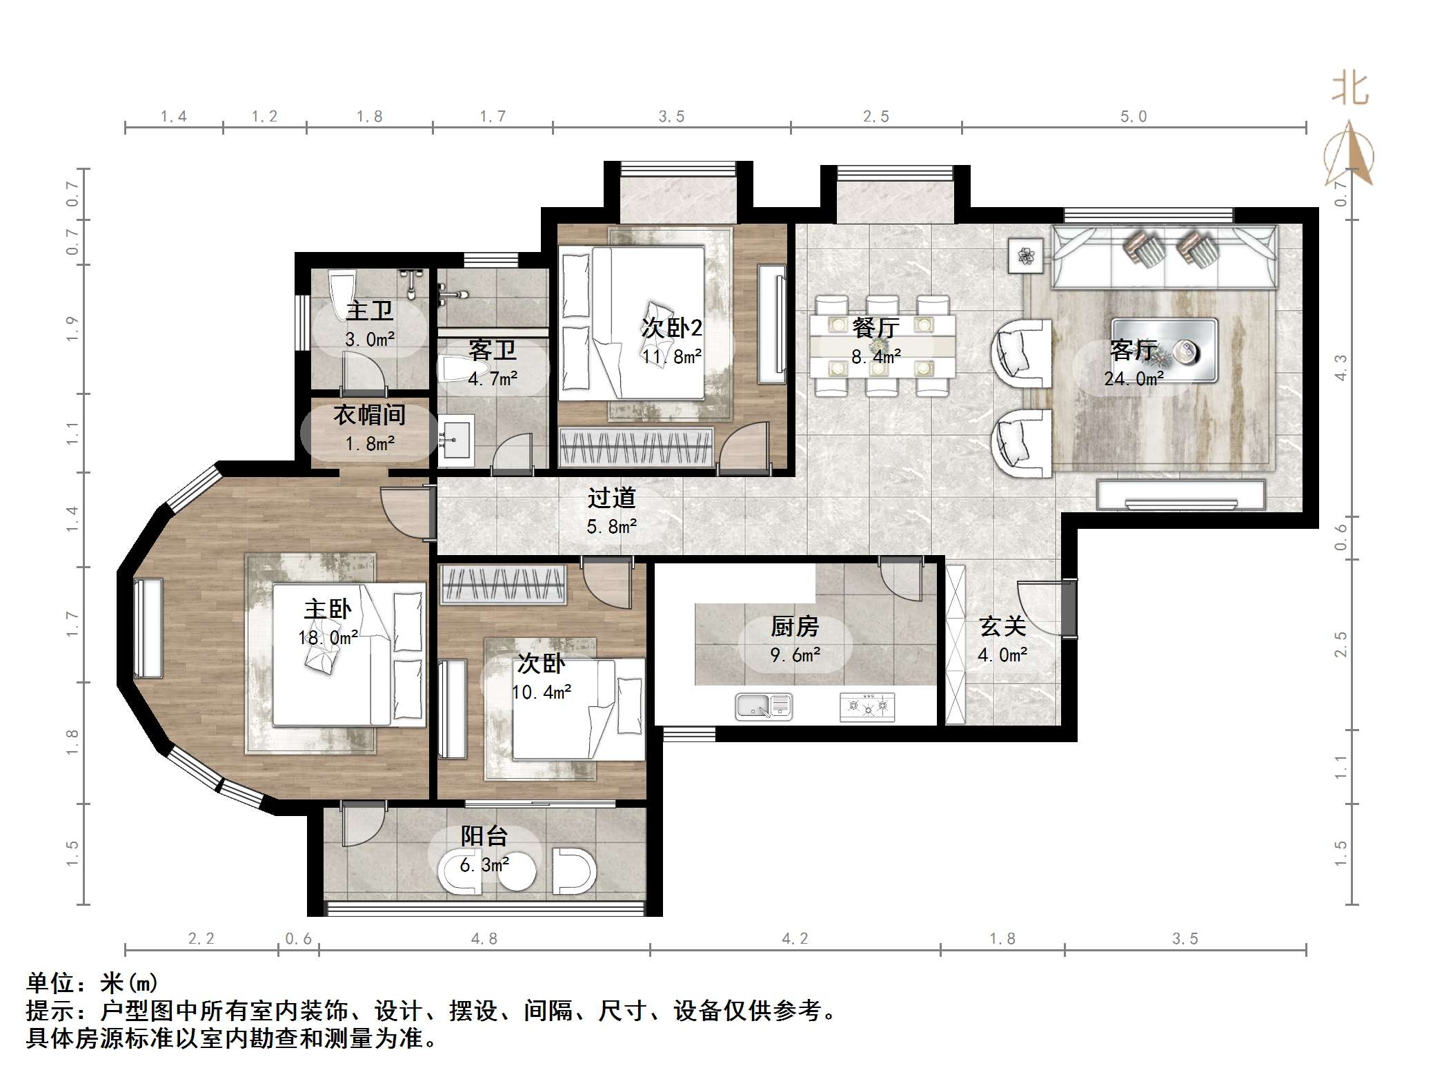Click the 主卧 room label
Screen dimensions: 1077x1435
[328, 610]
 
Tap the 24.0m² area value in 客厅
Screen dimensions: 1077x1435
[1134, 379]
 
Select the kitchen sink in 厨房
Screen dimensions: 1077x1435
[763, 706]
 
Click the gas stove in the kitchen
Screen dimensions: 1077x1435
[867, 707]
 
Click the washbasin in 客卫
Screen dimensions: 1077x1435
[455, 436]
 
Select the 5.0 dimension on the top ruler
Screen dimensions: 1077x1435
[1134, 117]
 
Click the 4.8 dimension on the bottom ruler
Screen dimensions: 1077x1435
[484, 939]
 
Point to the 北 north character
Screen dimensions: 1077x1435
[1349, 90]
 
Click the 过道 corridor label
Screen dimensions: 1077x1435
[611, 498]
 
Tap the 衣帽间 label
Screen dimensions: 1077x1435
[370, 415]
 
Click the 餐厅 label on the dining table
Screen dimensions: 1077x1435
[875, 328]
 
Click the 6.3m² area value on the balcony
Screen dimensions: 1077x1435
[484, 865]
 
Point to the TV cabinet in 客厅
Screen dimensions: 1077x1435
[1180, 494]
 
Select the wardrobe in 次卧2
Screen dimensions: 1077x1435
[635, 447]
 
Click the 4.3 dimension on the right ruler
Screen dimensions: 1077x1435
[1340, 367]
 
